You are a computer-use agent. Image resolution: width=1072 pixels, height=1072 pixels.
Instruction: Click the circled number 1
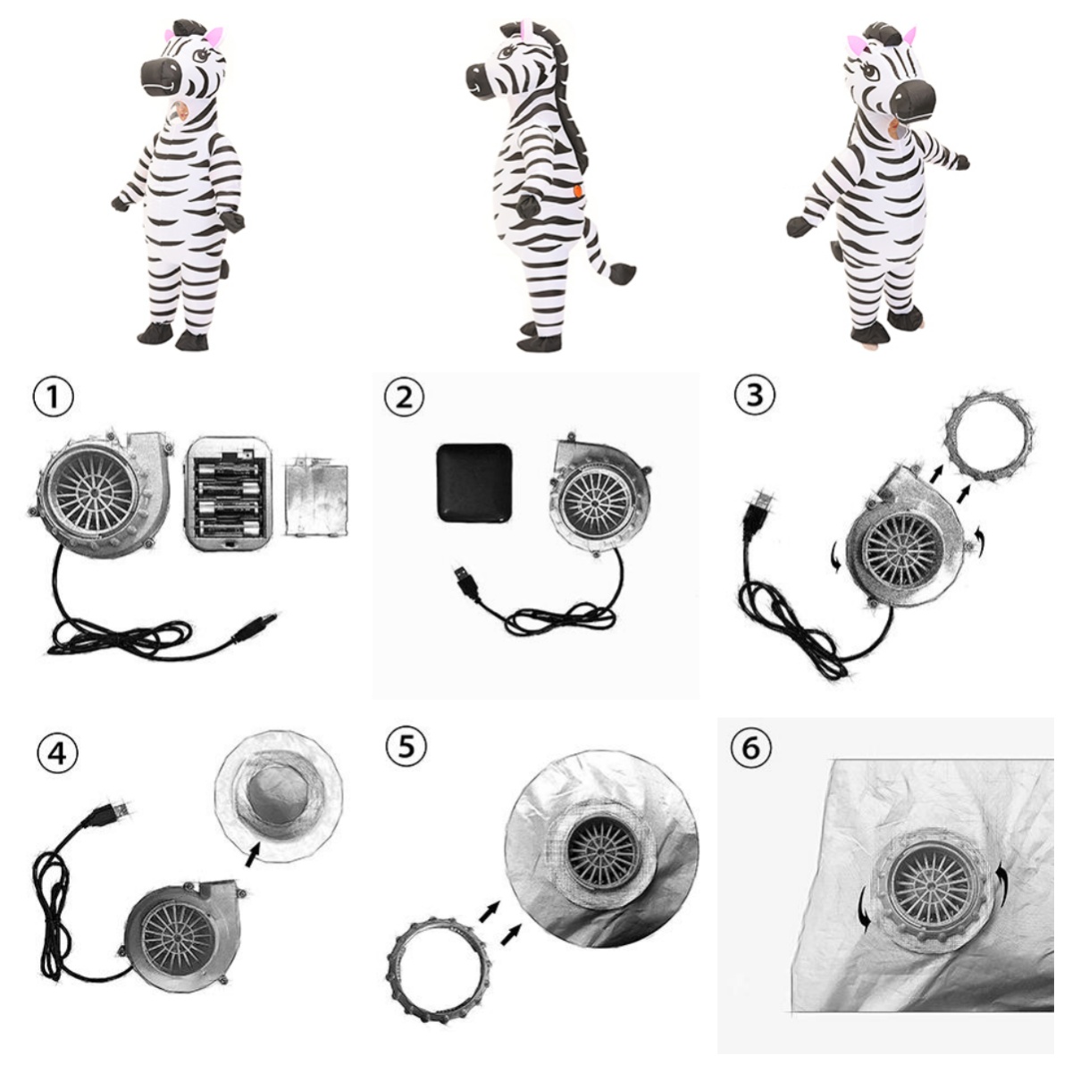tap(53, 398)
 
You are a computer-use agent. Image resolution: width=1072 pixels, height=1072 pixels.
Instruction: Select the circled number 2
tap(404, 398)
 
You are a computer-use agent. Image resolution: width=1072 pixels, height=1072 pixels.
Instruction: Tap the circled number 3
tap(754, 395)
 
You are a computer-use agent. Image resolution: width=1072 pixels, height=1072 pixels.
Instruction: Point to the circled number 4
tap(57, 754)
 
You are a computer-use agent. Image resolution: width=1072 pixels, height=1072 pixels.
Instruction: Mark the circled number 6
tap(751, 748)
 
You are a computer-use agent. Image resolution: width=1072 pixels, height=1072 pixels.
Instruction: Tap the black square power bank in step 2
tap(474, 482)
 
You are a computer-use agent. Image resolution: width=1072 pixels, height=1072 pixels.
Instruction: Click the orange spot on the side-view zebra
tap(578, 191)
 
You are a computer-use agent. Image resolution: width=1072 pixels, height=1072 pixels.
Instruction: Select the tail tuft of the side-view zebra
tap(622, 273)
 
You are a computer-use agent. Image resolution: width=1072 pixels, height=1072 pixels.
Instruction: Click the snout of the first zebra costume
tap(163, 77)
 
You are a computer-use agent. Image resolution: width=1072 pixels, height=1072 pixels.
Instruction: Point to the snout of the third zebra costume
tap(912, 100)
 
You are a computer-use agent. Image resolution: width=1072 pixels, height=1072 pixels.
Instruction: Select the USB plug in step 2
tap(466, 582)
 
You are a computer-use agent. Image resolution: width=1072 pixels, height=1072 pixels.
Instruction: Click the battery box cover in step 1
tap(316, 497)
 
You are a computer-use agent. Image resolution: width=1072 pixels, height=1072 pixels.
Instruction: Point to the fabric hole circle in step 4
tap(278, 796)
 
